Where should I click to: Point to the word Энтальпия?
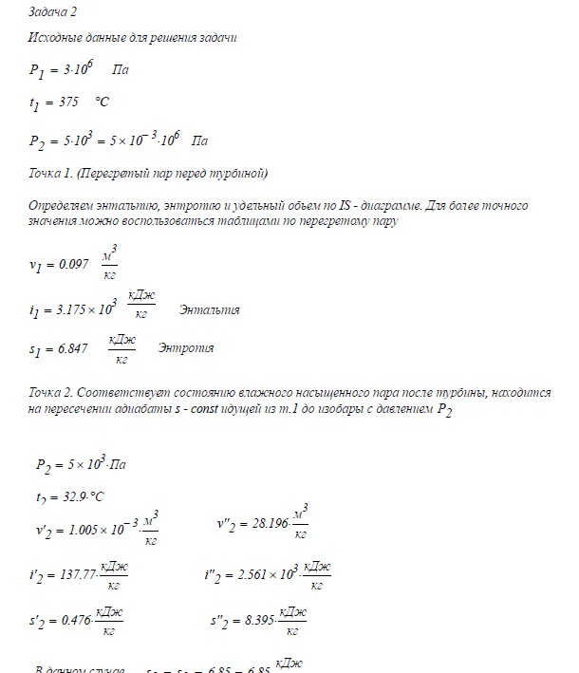tap(208, 310)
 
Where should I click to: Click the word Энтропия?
tap(186, 348)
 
